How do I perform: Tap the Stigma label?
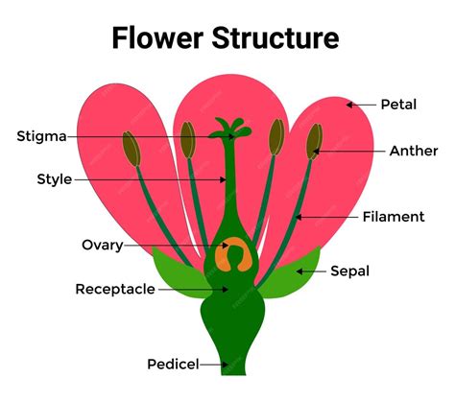click(x=41, y=136)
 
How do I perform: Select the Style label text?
click(x=54, y=178)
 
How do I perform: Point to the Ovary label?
click(x=102, y=245)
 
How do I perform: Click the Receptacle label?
click(x=115, y=288)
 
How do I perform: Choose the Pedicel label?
click(x=173, y=364)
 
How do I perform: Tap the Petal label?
click(x=398, y=104)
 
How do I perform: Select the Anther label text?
click(x=414, y=151)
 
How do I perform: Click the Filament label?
click(x=394, y=217)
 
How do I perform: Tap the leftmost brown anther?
click(x=130, y=146)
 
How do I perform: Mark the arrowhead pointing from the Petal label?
click(x=350, y=104)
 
